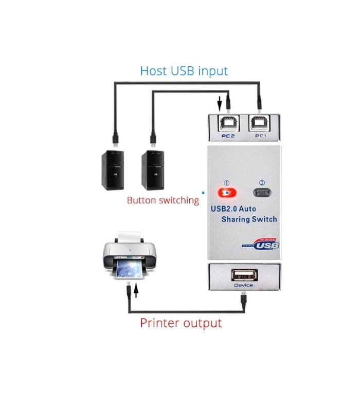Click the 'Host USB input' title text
(184, 70)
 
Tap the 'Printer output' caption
(181, 323)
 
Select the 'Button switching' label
(163, 200)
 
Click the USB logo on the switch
(262, 245)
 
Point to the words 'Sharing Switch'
(249, 219)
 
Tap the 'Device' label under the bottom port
(243, 285)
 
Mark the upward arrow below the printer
(136, 292)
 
